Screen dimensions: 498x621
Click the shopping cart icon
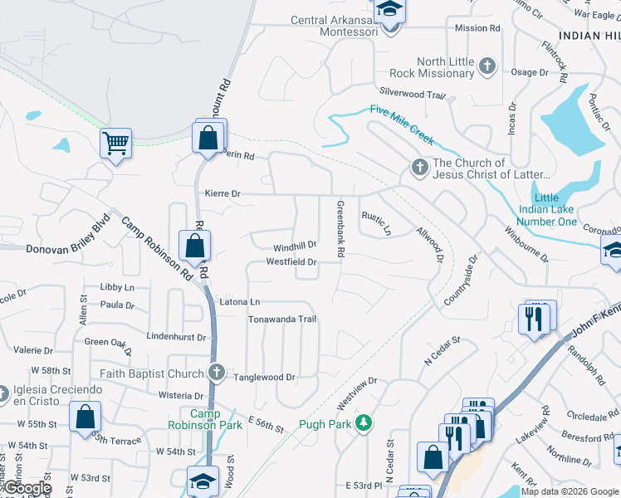[115, 143]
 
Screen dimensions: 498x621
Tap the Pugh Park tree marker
[363, 423]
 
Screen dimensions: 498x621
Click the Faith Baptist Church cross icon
[217, 373]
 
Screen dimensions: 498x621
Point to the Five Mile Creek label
[402, 126]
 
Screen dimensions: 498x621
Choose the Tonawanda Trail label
[282, 320]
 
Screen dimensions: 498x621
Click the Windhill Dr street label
[296, 247]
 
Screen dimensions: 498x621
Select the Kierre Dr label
[222, 193]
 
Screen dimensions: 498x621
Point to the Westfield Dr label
[291, 262]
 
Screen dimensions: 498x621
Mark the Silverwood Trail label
[413, 95]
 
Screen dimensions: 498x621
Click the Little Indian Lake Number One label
[546, 210]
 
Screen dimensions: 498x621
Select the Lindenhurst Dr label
[175, 337]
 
